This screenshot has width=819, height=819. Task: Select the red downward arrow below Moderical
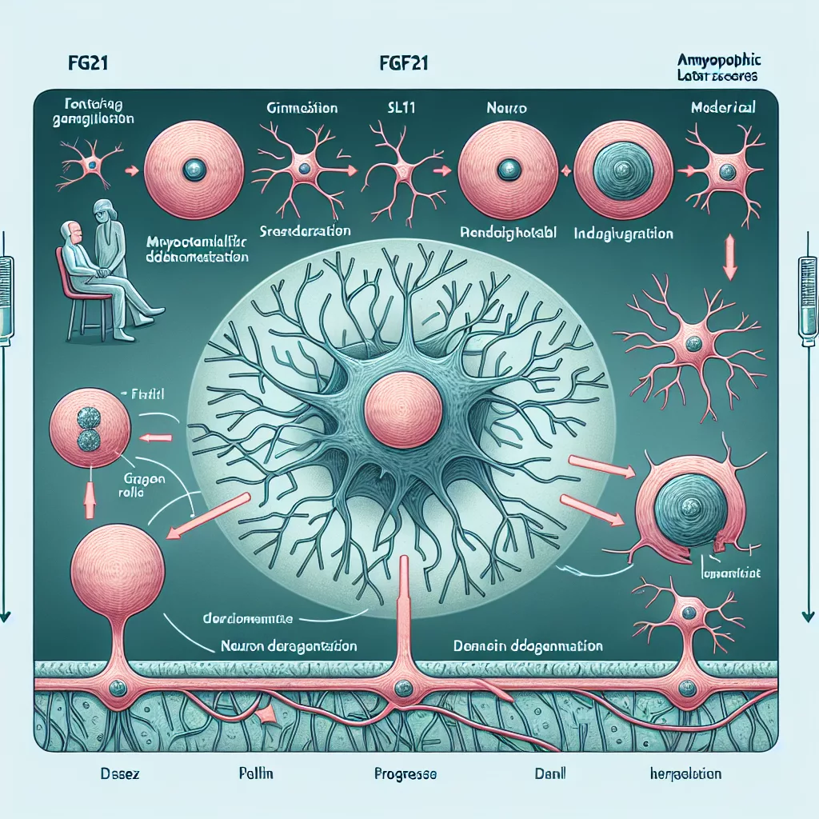point(729,260)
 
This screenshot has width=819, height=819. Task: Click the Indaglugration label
point(624,235)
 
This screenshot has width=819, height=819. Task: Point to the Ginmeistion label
point(302,107)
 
